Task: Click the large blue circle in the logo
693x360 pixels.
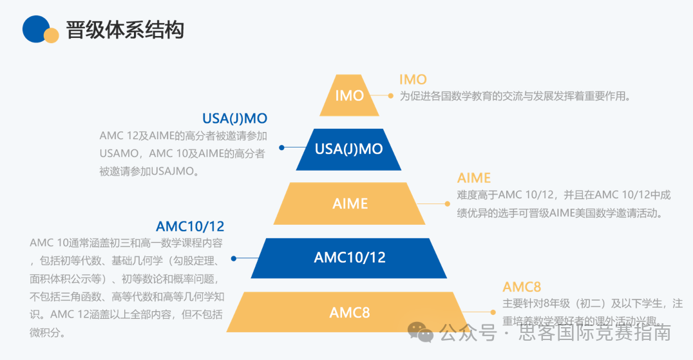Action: click(x=36, y=28)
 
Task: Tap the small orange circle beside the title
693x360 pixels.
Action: click(x=52, y=35)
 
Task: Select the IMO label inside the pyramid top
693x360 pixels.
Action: click(x=350, y=96)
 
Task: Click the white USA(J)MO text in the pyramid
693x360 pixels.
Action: click(x=348, y=149)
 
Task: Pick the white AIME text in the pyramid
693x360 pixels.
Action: click(x=350, y=204)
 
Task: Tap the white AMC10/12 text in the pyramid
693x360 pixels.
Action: click(x=349, y=258)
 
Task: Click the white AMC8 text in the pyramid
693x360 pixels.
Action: click(x=350, y=313)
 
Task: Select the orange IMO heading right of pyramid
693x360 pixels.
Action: click(x=413, y=80)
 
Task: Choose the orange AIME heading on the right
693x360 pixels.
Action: click(x=474, y=178)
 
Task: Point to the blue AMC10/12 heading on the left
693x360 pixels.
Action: click(x=190, y=226)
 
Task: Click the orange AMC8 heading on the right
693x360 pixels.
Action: click(x=522, y=287)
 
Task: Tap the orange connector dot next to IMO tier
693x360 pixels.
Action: click(x=390, y=95)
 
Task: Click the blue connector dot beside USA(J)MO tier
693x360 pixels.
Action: click(x=281, y=147)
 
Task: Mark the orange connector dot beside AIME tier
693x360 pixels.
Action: click(x=448, y=204)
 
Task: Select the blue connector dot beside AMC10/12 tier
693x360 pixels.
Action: click(x=234, y=258)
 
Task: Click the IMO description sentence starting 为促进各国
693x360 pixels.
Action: click(x=514, y=97)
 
